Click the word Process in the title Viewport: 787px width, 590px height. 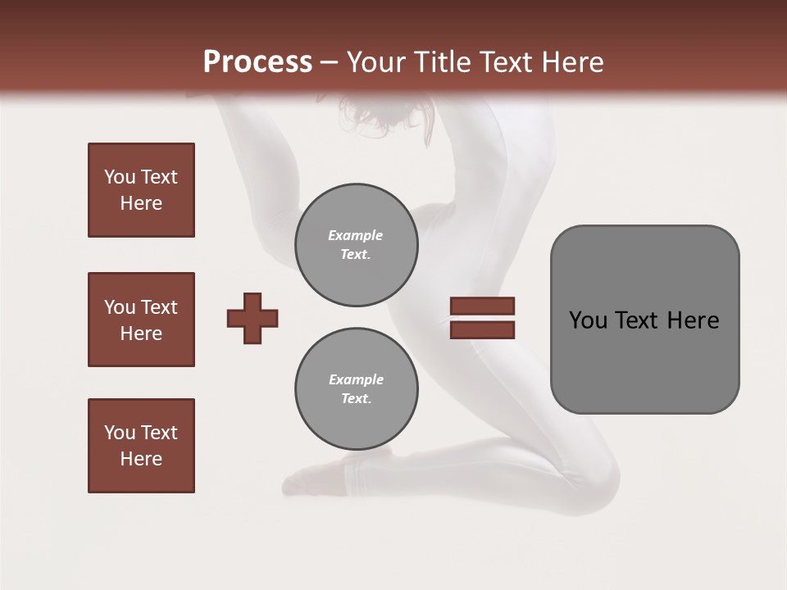(257, 61)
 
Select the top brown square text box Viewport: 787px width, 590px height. (141, 190)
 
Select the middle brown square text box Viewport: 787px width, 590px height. (141, 320)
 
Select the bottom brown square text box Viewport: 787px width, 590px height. (141, 446)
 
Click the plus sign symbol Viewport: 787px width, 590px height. (252, 318)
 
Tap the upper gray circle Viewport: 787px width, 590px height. (356, 245)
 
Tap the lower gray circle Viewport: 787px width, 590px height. (356, 389)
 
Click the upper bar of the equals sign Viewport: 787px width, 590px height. (482, 306)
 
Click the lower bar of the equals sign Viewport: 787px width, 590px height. (482, 330)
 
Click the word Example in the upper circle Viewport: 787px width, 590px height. (356, 235)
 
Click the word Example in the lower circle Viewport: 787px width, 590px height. (356, 379)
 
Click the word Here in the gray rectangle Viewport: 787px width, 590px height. (694, 320)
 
